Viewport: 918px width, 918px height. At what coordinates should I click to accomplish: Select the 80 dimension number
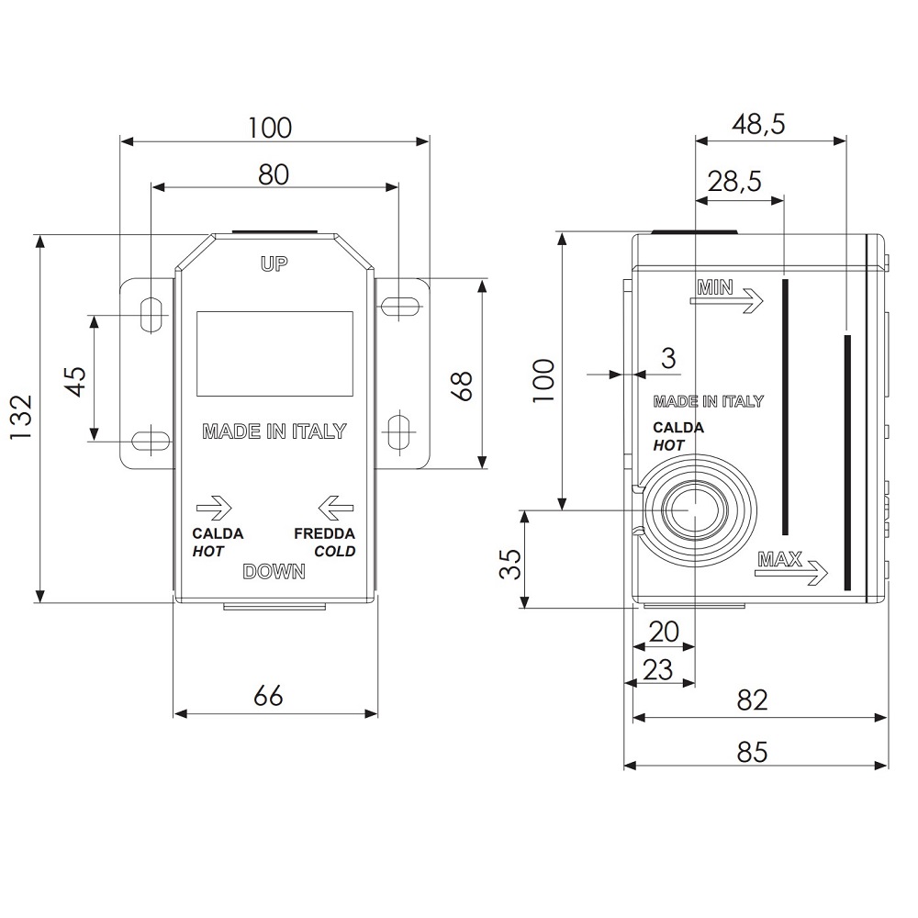274,174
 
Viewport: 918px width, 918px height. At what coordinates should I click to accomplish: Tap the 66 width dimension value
269,696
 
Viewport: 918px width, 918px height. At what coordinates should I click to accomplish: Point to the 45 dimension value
77,381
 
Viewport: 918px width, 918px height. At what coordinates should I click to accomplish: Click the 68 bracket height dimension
463,386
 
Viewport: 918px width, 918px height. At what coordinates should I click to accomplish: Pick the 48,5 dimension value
758,124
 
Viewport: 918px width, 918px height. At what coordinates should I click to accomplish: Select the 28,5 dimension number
734,181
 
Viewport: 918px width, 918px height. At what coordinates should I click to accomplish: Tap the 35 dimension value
510,564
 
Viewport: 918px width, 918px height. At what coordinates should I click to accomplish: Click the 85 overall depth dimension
753,752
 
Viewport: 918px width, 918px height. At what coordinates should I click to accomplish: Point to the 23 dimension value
658,669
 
